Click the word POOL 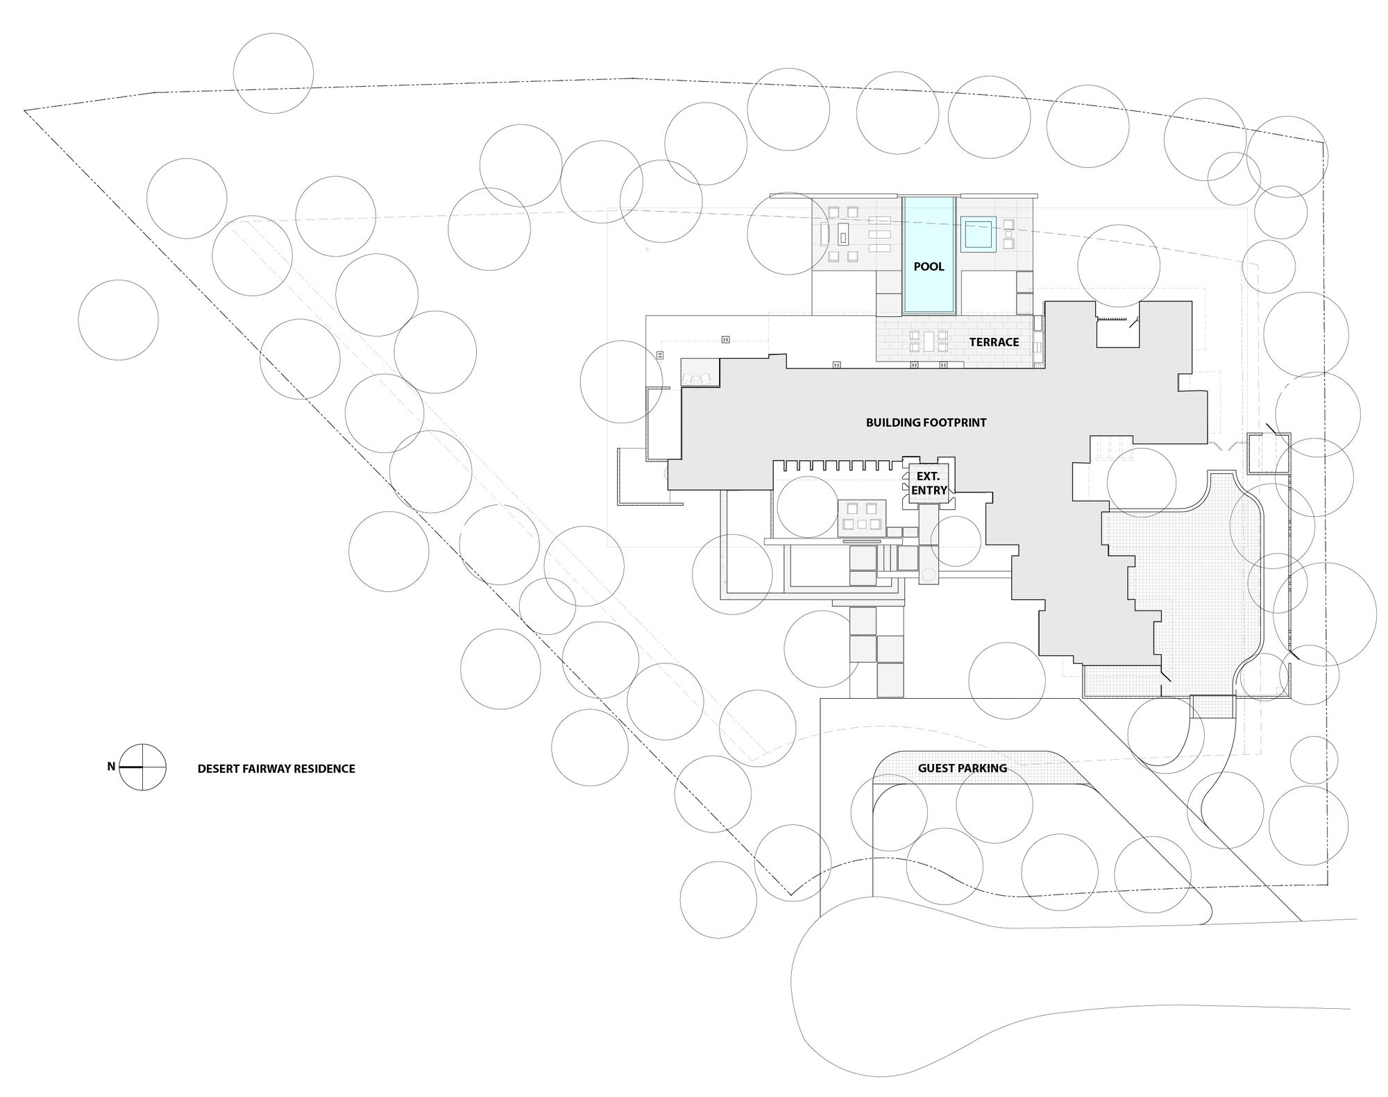point(929,266)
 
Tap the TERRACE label point(994,342)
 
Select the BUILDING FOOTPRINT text point(926,423)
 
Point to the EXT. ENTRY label point(929,484)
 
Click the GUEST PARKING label point(962,768)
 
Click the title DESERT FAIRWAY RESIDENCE point(276,769)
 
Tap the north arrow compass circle point(142,767)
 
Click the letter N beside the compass point(111,767)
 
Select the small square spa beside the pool point(979,234)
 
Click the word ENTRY point(929,491)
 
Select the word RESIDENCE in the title point(328,769)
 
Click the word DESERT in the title point(217,769)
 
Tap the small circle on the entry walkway point(929,575)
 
